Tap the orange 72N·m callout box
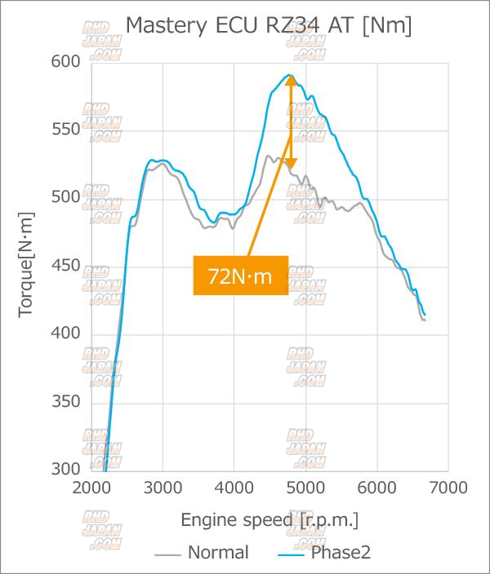(x=240, y=276)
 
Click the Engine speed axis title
(x=269, y=520)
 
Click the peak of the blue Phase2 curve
(x=289, y=75)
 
